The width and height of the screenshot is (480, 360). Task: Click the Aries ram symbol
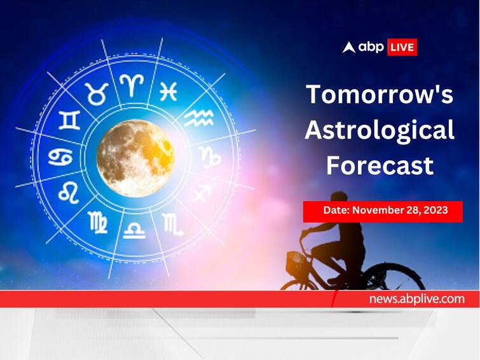pos(132,85)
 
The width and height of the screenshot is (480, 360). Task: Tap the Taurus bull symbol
pos(97,93)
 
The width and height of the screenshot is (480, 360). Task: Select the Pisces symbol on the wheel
pos(168,92)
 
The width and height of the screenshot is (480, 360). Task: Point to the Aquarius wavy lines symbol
pos(198,118)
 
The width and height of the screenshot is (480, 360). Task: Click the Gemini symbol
pos(69,120)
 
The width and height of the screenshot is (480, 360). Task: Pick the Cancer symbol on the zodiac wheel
pos(60,157)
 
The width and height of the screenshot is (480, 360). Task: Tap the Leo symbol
pos(69,192)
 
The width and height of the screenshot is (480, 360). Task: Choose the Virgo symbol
pos(98,222)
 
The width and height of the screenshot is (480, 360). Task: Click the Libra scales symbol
pos(134,230)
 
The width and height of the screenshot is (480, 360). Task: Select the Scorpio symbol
pos(173,225)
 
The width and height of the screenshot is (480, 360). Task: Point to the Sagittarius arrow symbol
pos(202,193)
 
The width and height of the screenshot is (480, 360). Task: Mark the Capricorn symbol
pos(210,157)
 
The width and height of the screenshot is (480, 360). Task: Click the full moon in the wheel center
pos(135,158)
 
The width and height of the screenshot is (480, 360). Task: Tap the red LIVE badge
pos(402,47)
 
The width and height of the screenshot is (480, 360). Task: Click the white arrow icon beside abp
pos(348,48)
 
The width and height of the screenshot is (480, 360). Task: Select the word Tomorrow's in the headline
pos(380,94)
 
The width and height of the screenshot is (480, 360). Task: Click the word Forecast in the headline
pos(380,165)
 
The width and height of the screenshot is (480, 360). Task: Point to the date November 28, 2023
pos(400,210)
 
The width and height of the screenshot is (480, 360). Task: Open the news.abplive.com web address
pos(416,299)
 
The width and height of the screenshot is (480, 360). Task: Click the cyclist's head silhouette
pos(339,200)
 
